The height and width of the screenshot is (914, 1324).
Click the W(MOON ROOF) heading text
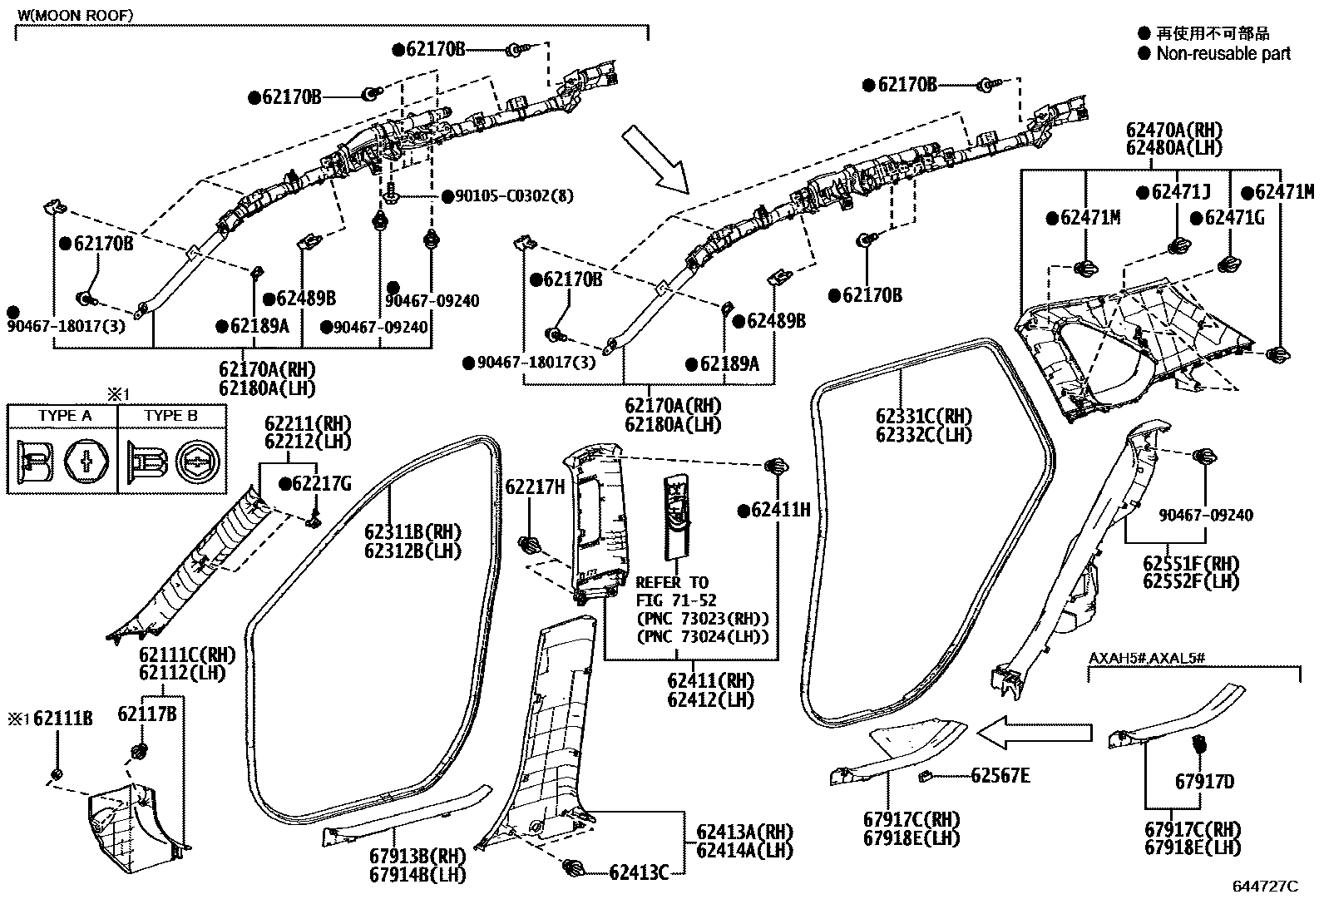75,16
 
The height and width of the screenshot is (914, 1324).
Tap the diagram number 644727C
1264,887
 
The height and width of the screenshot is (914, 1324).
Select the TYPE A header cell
64,416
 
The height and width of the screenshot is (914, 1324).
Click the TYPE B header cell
170,416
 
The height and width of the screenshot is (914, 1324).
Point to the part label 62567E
1000,776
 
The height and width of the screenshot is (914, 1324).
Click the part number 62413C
639,872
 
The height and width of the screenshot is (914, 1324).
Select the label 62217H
535,487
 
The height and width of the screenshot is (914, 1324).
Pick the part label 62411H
780,510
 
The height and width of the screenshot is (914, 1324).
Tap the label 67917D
1204,781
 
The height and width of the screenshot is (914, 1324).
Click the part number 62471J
1181,193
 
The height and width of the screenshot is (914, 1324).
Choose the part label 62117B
146,714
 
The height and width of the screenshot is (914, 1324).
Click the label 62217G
321,483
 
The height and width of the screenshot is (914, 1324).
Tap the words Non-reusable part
1223,54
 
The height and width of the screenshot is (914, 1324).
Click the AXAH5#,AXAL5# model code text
1147,658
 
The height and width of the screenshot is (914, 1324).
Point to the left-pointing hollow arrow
1034,733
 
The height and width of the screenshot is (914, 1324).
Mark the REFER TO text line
672,582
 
